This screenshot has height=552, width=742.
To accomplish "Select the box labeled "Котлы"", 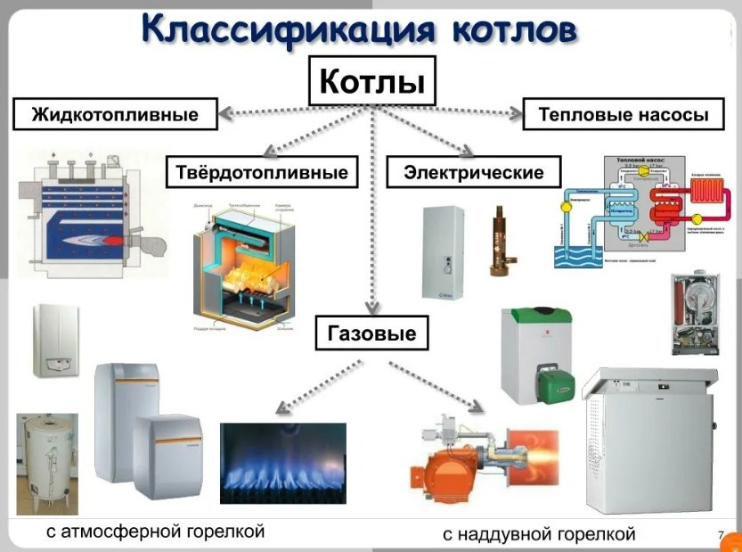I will click(371, 83).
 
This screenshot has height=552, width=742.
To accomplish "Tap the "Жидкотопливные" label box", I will click(115, 115).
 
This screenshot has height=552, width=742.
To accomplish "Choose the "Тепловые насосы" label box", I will click(624, 115).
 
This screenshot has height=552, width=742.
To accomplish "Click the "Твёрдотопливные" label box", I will click(262, 171).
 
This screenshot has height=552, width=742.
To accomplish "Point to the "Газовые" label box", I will click(372, 334).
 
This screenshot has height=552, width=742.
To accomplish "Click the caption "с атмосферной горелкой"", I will click(156, 532).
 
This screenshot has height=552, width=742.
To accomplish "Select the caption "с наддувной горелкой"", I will click(539, 534).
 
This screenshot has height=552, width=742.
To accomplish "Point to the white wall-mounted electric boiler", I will click(444, 251).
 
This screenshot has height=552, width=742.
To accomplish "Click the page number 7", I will click(720, 535).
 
